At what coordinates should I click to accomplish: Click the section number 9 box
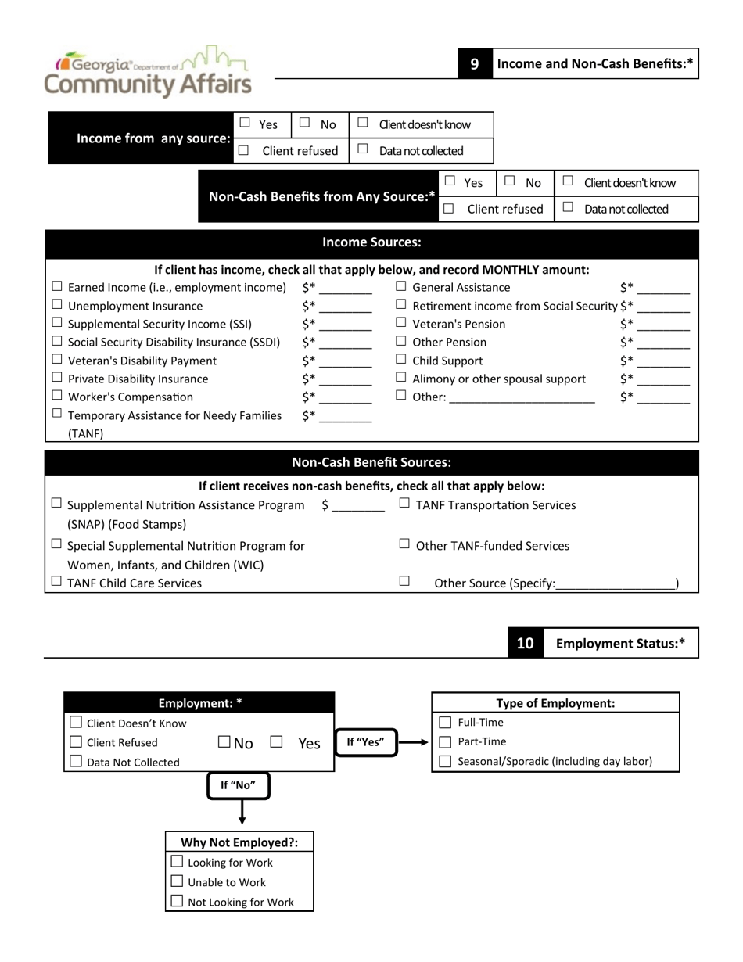474,64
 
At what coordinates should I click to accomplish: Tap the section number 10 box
525,643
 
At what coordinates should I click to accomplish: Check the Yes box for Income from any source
245,123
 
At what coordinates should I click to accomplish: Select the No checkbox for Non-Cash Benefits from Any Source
510,181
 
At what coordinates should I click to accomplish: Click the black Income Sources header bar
371,242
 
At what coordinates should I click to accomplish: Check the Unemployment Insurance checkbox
57,305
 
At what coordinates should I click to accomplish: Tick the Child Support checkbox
401,360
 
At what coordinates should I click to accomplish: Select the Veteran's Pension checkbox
401,323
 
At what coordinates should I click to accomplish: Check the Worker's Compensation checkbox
57,396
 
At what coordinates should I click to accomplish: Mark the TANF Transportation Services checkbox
404,504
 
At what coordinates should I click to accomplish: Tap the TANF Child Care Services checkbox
56,582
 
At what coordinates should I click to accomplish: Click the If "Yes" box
366,742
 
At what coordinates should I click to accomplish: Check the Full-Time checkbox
445,722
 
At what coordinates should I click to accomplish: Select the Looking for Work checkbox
177,862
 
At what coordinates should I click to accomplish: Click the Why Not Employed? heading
239,842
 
